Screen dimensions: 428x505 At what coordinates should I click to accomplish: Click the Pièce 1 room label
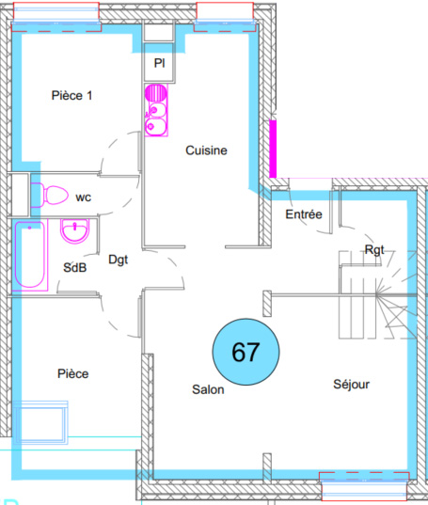point(71,95)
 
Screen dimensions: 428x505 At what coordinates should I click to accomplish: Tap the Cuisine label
point(206,150)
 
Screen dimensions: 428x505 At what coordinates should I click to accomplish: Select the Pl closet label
point(159,63)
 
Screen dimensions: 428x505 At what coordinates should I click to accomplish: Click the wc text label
point(84,197)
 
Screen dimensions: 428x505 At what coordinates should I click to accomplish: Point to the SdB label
point(75,268)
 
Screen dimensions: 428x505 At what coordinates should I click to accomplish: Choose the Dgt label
point(119,260)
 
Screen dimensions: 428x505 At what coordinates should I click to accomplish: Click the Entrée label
point(304,214)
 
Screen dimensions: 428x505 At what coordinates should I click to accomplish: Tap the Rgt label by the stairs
point(374,250)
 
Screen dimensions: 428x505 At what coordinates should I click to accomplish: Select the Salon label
point(208,389)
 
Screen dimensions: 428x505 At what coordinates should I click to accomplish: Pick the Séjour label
point(352,385)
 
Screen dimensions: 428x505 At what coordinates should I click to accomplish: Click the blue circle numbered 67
point(246,352)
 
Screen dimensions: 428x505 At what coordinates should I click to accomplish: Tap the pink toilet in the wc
point(49,195)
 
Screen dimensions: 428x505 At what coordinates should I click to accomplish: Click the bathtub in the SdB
point(30,255)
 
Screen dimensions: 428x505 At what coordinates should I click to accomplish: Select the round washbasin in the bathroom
point(75,231)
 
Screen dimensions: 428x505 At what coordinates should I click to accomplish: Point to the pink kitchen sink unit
point(156,110)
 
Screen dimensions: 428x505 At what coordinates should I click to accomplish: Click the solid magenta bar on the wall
point(273,149)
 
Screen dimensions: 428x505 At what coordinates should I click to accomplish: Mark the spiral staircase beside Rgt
point(377,294)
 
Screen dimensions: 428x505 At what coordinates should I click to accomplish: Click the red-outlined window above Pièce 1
point(56,17)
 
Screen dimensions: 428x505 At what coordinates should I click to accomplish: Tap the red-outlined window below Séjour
point(365,486)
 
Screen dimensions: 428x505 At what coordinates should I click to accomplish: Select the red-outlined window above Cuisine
point(225,17)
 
